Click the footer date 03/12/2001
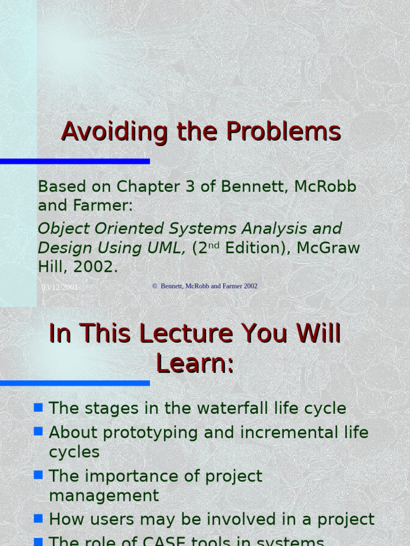click(60, 287)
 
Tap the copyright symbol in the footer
click(155, 286)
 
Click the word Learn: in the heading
click(195, 364)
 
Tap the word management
click(104, 496)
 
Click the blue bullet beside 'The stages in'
click(38, 408)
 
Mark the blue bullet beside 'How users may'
click(38, 518)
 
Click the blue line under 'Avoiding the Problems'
click(75, 161)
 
